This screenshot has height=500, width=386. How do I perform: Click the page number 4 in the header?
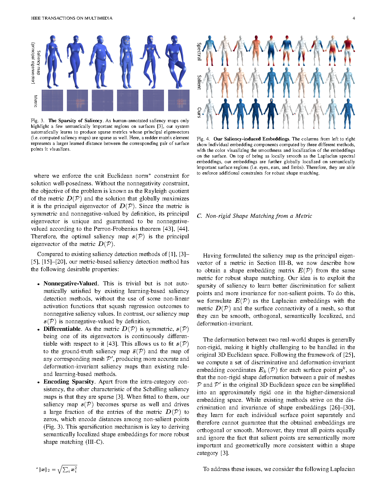(354, 18)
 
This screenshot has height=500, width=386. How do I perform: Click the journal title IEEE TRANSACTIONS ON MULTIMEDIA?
(72, 18)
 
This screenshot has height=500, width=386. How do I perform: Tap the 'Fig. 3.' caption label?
(38, 121)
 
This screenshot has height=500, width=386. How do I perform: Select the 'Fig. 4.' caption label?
(203, 139)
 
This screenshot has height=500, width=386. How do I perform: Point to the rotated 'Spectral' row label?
(199, 51)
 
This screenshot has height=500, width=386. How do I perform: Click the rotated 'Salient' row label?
(199, 82)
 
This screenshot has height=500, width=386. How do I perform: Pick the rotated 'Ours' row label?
(199, 112)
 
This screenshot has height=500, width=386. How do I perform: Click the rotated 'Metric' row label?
(36, 101)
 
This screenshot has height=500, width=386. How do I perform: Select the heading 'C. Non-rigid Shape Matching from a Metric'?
(254, 216)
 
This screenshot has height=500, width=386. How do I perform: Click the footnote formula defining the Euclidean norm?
(57, 470)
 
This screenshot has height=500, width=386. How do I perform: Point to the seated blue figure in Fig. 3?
(178, 62)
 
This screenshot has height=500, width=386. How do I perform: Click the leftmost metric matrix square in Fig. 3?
(52, 100)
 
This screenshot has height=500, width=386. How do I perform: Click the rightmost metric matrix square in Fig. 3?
(179, 100)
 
